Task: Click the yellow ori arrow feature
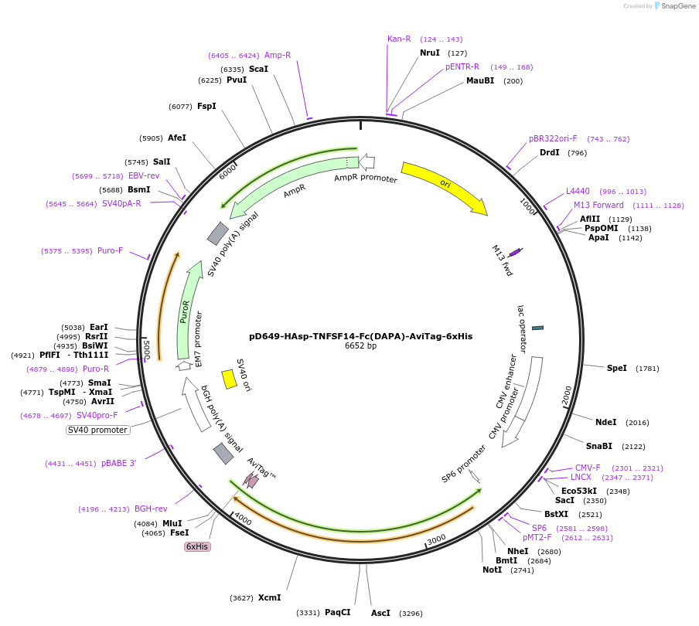click(444, 186)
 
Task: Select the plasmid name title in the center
click(360, 336)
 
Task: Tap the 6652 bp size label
click(360, 346)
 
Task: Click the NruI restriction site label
click(429, 53)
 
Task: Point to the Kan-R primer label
click(399, 39)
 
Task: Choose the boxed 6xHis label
click(197, 546)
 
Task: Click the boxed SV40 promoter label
click(97, 430)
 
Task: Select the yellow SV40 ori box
click(229, 379)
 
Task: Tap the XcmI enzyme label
click(270, 597)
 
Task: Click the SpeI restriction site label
click(617, 368)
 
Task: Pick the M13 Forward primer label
click(598, 205)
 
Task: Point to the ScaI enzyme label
click(258, 69)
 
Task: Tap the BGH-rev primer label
click(151, 509)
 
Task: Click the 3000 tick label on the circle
click(437, 539)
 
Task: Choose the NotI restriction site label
click(492, 570)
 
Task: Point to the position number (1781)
click(647, 369)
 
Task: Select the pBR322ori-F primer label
click(553, 138)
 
